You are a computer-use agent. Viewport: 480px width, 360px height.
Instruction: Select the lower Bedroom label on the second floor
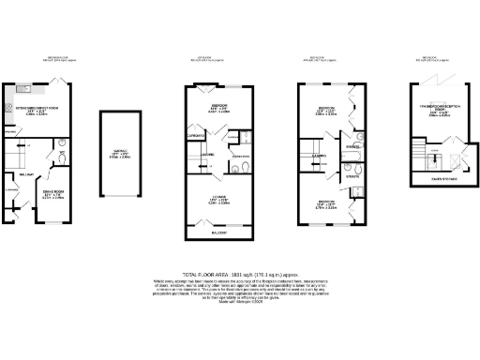click(x=326, y=202)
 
